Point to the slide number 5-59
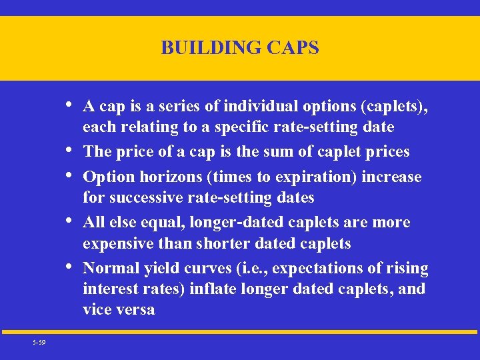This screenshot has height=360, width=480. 39,342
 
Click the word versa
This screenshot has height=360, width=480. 137,309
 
